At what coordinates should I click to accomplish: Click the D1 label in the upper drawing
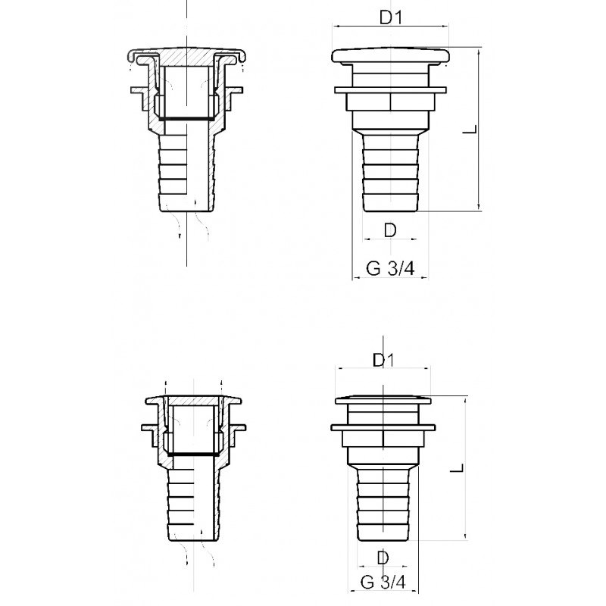pos(391,17)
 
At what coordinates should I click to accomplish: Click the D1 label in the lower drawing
pos(383,361)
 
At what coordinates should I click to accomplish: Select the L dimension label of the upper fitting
pos(470,129)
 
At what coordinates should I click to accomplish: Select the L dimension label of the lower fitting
pos(457,468)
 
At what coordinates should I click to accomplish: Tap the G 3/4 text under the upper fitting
pos(390,268)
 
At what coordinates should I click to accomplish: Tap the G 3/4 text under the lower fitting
pos(383,582)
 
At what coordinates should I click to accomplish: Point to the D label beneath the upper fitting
pos(390,230)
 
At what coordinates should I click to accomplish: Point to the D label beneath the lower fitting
pos(383,558)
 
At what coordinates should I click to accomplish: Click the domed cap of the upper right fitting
pos(390,56)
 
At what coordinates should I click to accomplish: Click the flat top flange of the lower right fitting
pos(383,400)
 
